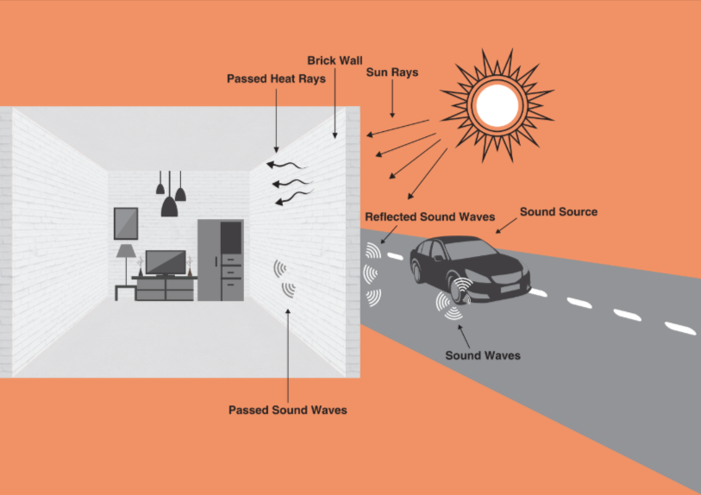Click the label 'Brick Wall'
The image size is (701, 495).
click(335, 60)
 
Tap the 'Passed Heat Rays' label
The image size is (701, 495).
click(274, 78)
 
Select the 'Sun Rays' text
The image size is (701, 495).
click(392, 72)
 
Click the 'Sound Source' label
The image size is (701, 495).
click(558, 211)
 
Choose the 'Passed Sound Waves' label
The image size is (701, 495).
click(287, 410)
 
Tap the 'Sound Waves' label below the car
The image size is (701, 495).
click(482, 354)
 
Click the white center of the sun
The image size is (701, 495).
click(496, 104)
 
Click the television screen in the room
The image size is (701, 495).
click(165, 261)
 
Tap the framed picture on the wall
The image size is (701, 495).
click(126, 222)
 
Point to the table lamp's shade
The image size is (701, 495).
click(126, 251)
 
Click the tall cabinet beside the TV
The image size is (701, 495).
click(221, 260)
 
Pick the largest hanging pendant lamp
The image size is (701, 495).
click(170, 205)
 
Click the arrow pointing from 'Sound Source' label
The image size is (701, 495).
click(508, 226)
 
